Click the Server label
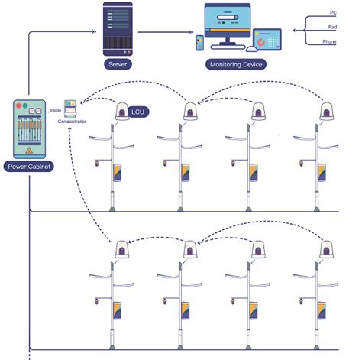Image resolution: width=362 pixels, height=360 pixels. click(119, 65)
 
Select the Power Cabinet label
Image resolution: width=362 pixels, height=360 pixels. click(30, 166)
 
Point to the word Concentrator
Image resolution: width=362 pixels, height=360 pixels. click(72, 122)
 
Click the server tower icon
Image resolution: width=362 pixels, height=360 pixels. click(119, 28)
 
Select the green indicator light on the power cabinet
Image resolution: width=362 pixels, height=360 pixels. click(31, 105)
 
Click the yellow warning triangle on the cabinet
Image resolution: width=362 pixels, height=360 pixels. click(31, 151)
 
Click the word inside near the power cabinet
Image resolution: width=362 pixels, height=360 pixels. click(56, 112)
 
